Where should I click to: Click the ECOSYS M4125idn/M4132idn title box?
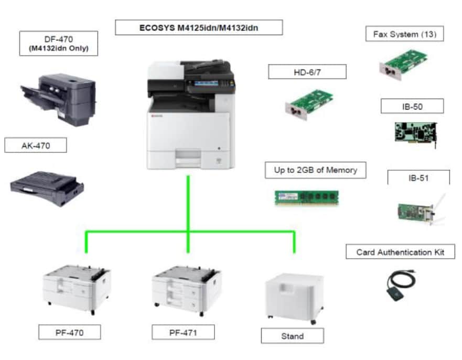(x=199, y=27)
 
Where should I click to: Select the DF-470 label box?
(x=58, y=43)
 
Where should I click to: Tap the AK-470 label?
(x=36, y=146)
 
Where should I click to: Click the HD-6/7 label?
(x=307, y=72)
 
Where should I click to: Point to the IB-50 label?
(x=412, y=106)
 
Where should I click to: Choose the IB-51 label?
(x=418, y=178)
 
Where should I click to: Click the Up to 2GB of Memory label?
(x=315, y=170)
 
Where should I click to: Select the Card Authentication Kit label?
(x=400, y=252)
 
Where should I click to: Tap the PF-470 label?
(x=69, y=332)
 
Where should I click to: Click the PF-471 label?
(x=183, y=332)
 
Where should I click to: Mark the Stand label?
(x=292, y=336)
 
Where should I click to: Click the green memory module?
(x=307, y=197)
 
